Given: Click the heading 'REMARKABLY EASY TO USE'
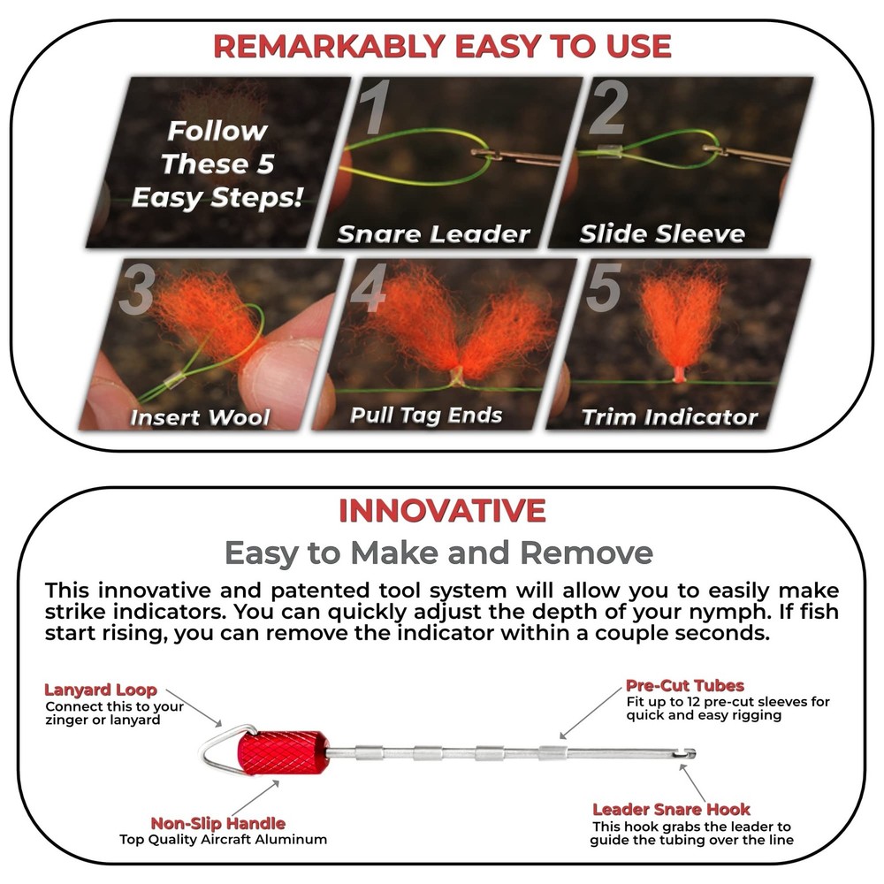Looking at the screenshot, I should click(442, 46).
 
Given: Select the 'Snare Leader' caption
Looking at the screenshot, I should click(433, 234).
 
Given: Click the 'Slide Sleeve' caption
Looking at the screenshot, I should click(662, 234).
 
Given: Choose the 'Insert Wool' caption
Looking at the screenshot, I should click(200, 417).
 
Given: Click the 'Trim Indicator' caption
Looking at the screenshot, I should click(669, 417).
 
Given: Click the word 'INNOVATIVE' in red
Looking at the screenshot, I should click(442, 511).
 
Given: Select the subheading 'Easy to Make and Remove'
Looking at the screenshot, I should click(438, 553).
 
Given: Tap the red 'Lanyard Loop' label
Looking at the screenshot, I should click(101, 690).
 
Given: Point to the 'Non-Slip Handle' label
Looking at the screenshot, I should click(217, 823).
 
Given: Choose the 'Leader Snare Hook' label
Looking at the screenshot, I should click(671, 809).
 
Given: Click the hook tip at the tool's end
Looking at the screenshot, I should click(690, 753).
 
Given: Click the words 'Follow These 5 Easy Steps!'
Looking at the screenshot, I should click(217, 164).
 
